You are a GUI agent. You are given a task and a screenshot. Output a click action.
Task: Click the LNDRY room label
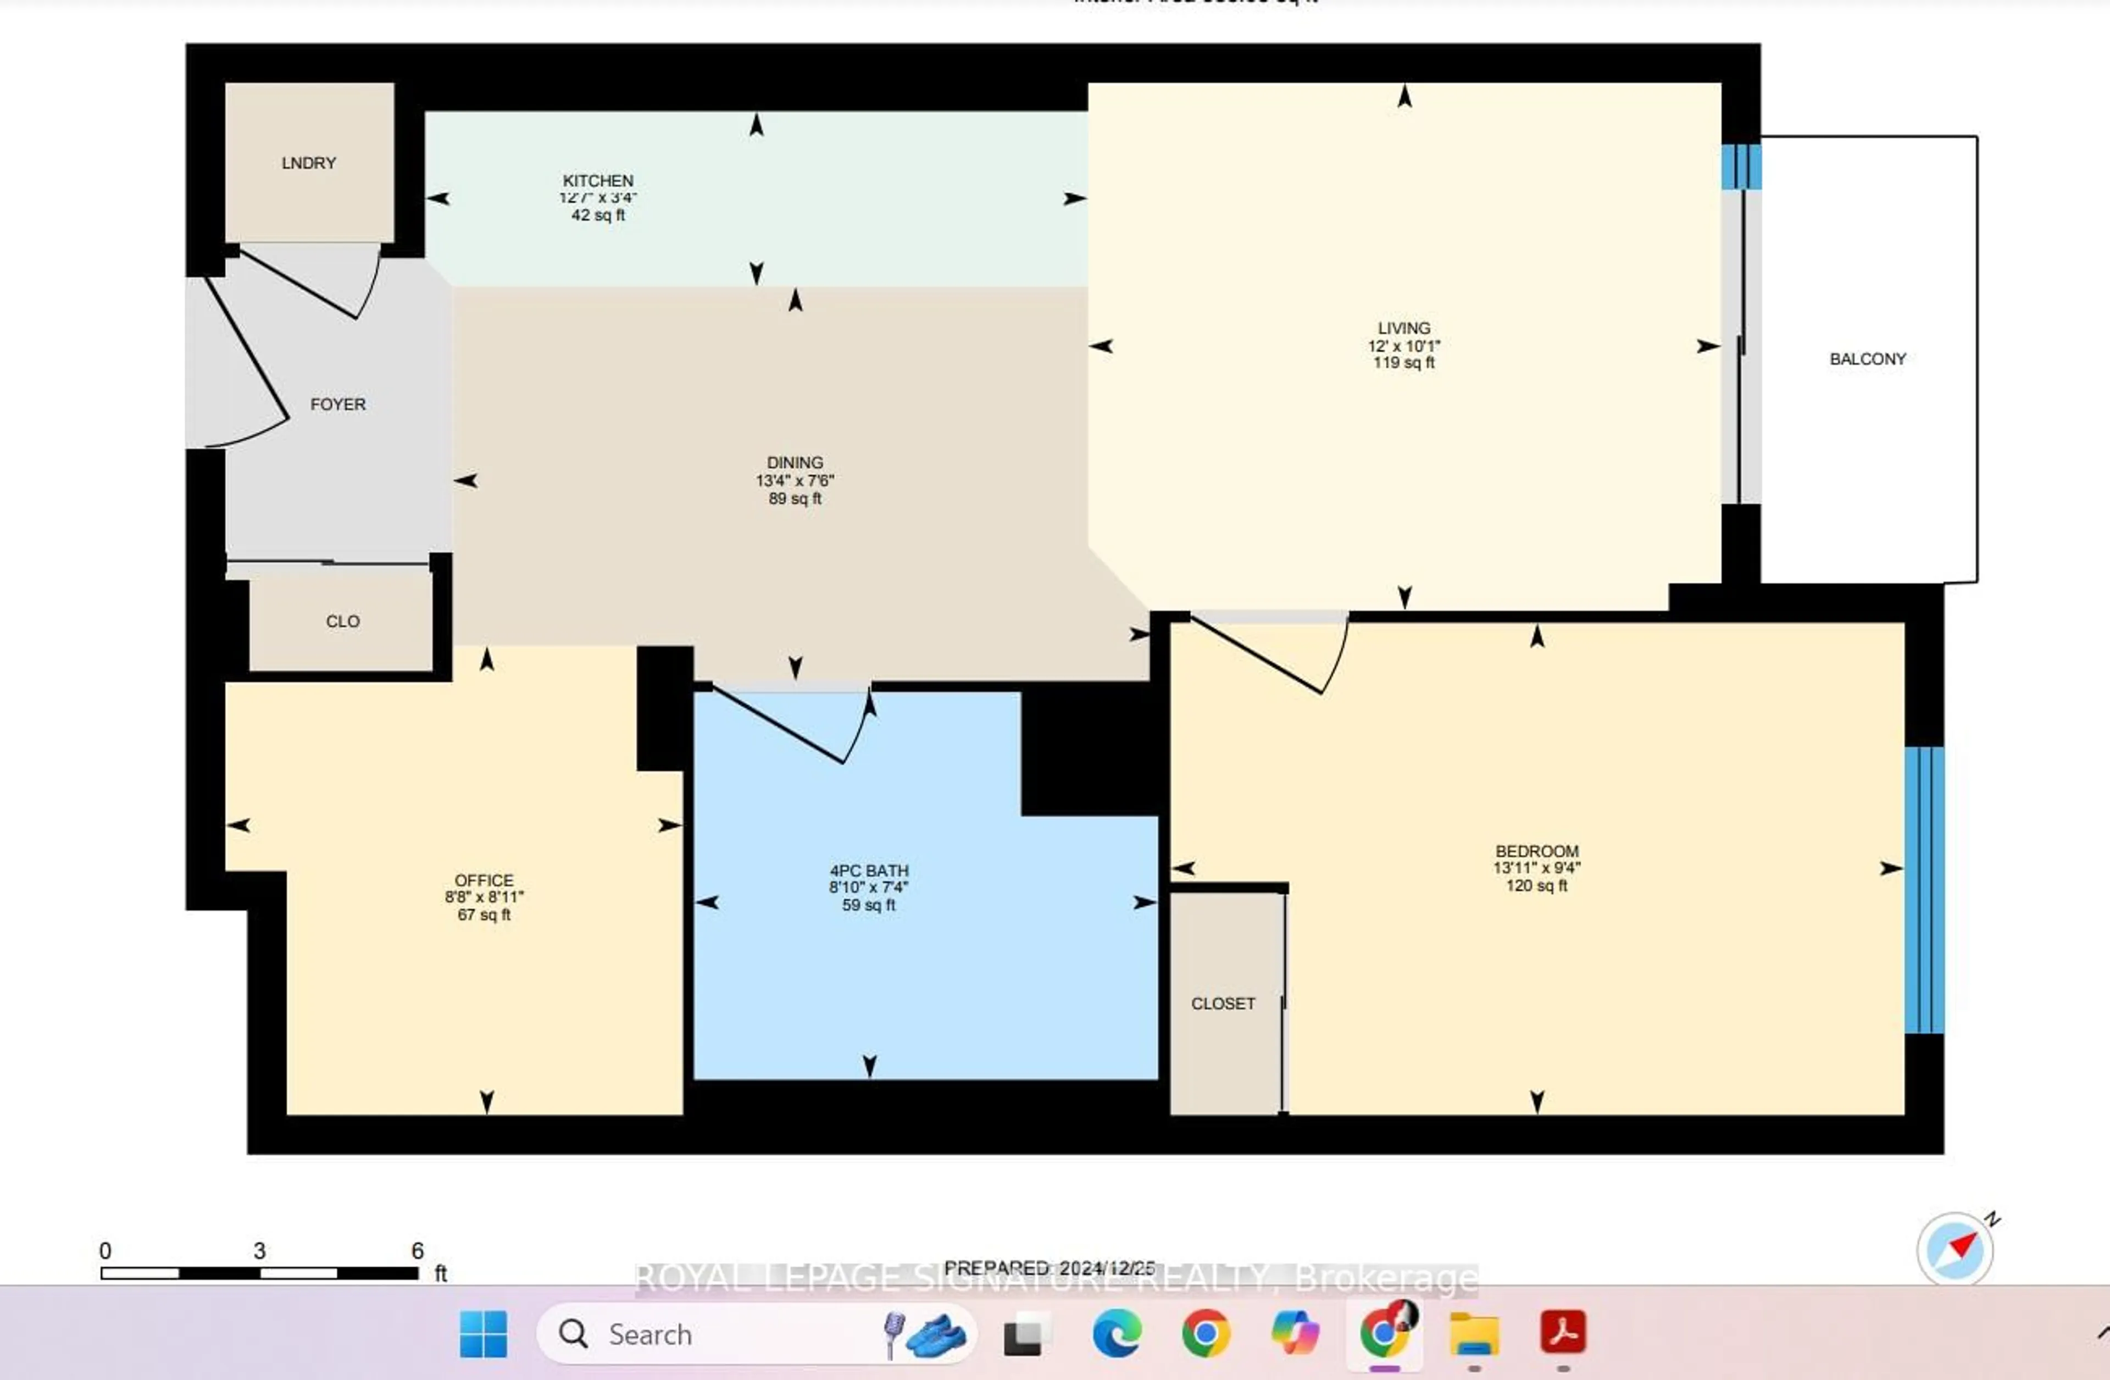308,163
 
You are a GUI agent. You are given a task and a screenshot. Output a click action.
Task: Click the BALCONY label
1867,359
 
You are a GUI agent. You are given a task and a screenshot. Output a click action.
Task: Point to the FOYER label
338,404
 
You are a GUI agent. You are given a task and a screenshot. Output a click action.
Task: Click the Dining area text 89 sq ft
795,498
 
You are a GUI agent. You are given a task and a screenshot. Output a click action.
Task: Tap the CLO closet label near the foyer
342,622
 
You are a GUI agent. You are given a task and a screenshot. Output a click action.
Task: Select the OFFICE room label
484,880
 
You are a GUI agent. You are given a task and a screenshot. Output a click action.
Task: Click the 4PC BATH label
869,870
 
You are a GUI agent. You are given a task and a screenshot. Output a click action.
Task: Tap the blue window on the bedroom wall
1924,890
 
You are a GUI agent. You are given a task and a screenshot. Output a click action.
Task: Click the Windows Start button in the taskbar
483,1334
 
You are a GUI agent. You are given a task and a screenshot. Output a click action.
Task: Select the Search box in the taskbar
709,1334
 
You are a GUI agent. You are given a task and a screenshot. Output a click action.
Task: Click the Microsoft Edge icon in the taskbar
1116,1334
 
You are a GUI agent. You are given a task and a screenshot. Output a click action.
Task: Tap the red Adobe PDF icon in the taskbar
1562,1332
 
